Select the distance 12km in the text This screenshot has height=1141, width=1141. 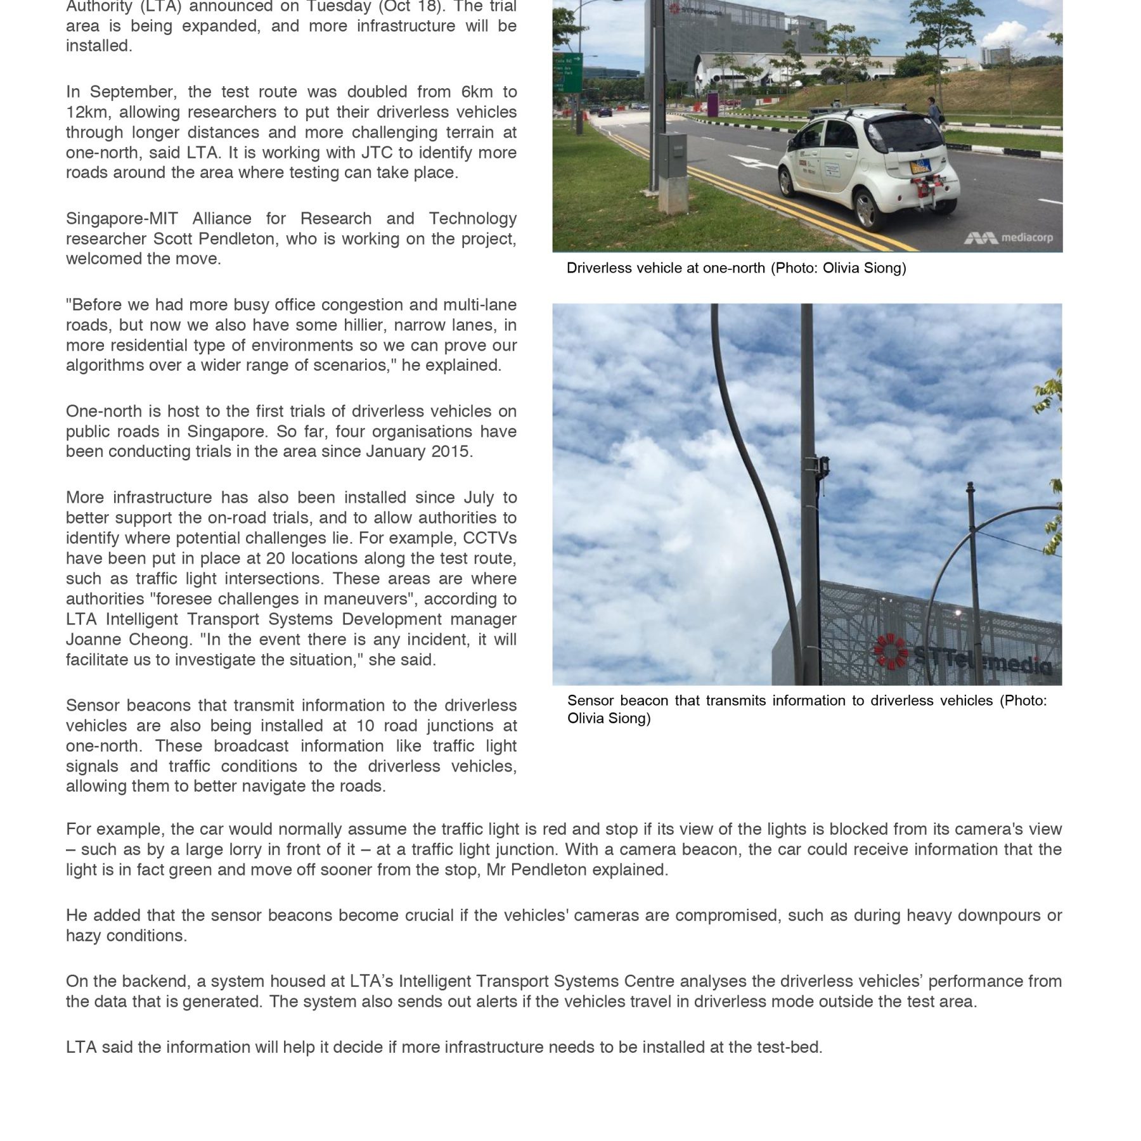click(x=88, y=112)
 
